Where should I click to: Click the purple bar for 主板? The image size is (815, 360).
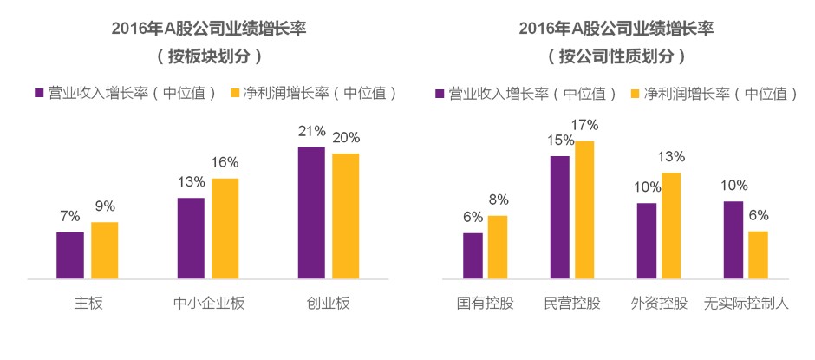pos(70,256)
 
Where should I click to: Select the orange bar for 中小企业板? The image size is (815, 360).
pos(225,229)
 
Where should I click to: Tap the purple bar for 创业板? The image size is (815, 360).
pos(311,213)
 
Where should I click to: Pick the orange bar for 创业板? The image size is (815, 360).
pos(345,217)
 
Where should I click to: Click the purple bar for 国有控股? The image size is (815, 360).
pos(473,256)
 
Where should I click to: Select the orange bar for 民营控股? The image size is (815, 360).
pos(585,210)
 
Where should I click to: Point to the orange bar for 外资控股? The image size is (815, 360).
pos(671,226)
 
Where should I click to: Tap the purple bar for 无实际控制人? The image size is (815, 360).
pos(733,240)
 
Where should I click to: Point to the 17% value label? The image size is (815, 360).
pos(585,125)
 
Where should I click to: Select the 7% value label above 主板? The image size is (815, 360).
pos(70,215)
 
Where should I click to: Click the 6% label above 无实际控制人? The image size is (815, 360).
pos(758,215)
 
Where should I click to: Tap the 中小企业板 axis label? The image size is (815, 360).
pos(208,304)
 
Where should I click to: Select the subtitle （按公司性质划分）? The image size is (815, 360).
pos(616,56)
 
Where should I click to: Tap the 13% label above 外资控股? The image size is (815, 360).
pos(672,157)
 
